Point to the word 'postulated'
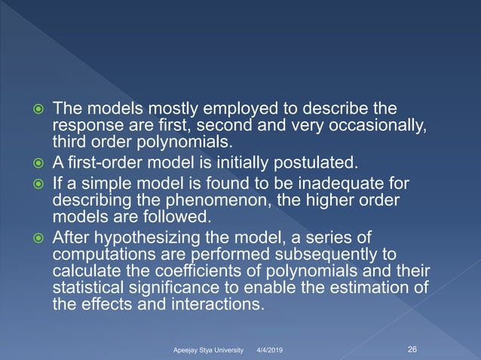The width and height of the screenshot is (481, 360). point(317,162)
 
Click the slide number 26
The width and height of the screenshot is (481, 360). point(412,349)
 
